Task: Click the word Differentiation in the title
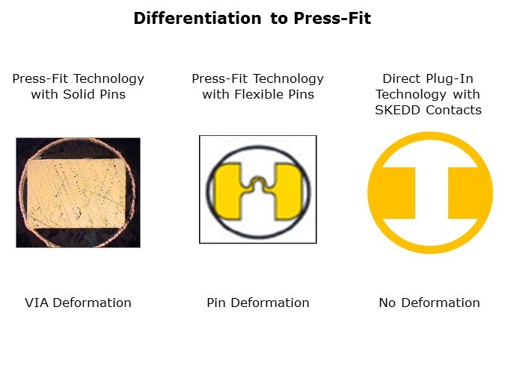click(x=198, y=18)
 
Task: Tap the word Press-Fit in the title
click(x=332, y=18)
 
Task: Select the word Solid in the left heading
click(x=79, y=94)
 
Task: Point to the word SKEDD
click(x=398, y=110)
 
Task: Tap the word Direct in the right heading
click(x=402, y=78)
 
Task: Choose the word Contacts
click(x=454, y=110)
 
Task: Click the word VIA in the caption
click(x=37, y=303)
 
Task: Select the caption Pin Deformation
click(x=258, y=303)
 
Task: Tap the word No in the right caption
click(x=388, y=303)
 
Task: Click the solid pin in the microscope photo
click(x=76, y=193)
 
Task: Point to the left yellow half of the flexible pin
click(x=228, y=191)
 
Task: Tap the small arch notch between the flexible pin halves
click(x=257, y=182)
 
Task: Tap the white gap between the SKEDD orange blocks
click(x=432, y=193)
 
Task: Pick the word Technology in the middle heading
click(x=288, y=79)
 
